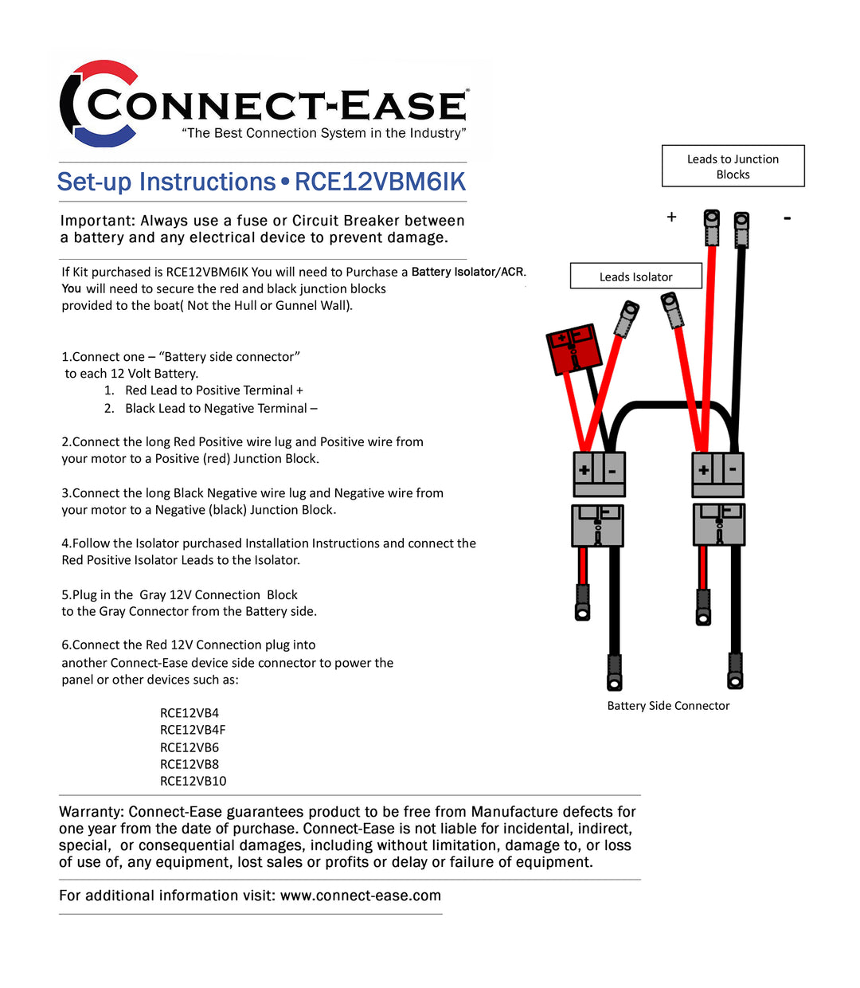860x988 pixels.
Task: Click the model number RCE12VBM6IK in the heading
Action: click(x=380, y=182)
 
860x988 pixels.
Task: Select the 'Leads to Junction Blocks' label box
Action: click(x=733, y=167)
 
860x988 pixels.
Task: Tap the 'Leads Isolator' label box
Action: click(x=635, y=276)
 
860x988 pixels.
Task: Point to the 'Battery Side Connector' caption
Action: click(x=668, y=705)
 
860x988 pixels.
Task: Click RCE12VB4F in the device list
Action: click(x=193, y=730)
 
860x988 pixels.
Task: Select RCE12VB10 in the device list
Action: click(x=193, y=781)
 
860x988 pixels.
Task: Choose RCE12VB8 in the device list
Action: click(x=190, y=764)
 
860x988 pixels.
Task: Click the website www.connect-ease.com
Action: click(x=360, y=896)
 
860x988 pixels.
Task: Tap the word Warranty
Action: click(x=91, y=812)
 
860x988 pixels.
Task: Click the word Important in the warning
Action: click(x=95, y=221)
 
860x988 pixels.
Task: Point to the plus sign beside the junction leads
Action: click(x=671, y=217)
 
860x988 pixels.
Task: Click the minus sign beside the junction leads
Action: click(x=787, y=218)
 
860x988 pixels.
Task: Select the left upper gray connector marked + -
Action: click(x=599, y=473)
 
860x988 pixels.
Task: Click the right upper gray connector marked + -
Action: click(x=717, y=473)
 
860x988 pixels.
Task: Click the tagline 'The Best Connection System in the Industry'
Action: click(x=323, y=133)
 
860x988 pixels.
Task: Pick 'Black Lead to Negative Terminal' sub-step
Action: click(x=221, y=408)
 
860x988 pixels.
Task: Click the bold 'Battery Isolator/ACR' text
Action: click(x=467, y=272)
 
